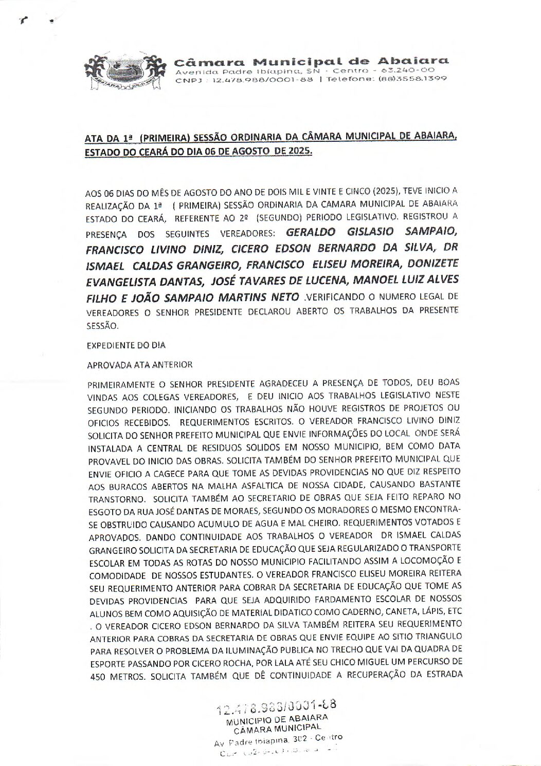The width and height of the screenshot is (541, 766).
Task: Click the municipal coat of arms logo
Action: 121,72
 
